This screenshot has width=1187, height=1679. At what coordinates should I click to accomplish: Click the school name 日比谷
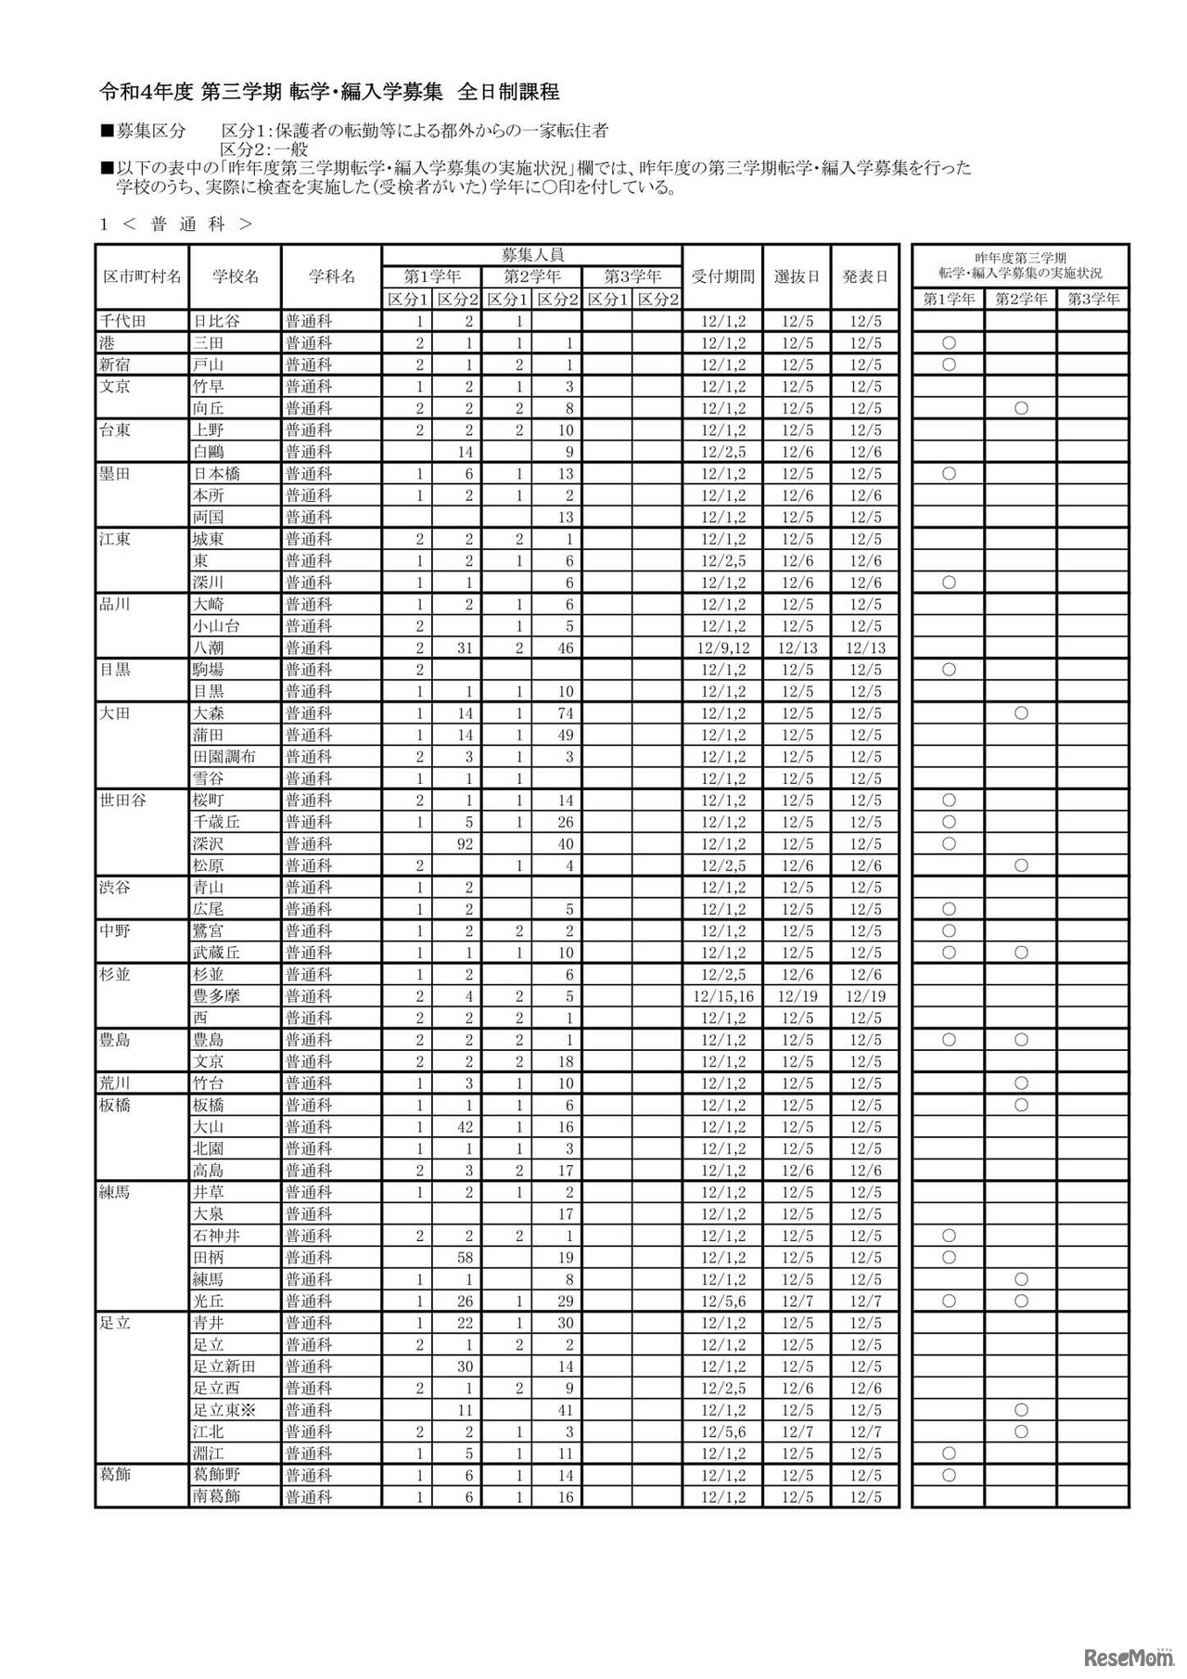[x=216, y=321]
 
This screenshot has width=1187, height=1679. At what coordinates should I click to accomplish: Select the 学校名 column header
[x=235, y=276]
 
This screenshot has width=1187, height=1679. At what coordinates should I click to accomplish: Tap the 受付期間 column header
[x=722, y=276]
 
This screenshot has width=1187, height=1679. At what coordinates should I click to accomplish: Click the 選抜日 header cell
[x=797, y=276]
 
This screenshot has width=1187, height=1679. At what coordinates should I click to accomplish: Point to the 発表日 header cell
[x=864, y=276]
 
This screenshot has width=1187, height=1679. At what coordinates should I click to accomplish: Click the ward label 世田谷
[x=122, y=800]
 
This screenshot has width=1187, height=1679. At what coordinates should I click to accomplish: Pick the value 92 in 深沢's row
[x=466, y=844]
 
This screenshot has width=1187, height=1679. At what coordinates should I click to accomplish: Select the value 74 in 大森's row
[x=566, y=713]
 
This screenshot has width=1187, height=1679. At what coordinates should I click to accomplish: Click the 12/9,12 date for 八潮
[x=723, y=647]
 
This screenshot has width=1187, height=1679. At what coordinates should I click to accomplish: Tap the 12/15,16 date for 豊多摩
[x=723, y=996]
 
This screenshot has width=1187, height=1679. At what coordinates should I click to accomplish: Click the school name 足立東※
[x=223, y=1409]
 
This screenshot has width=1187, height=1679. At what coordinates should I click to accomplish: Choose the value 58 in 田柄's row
[x=466, y=1258]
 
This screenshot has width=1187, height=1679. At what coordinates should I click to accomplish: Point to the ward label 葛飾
[x=115, y=1474]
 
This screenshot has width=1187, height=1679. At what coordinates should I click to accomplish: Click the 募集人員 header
[x=532, y=254]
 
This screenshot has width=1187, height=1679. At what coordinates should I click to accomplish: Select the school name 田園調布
[x=223, y=757]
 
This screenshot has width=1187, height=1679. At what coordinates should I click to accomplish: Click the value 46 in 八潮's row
[x=566, y=647]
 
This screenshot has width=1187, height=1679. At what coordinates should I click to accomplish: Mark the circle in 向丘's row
[x=1021, y=408]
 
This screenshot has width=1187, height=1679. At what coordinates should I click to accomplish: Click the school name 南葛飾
[x=216, y=1496]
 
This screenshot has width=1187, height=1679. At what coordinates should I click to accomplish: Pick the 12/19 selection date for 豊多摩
[x=798, y=996]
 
